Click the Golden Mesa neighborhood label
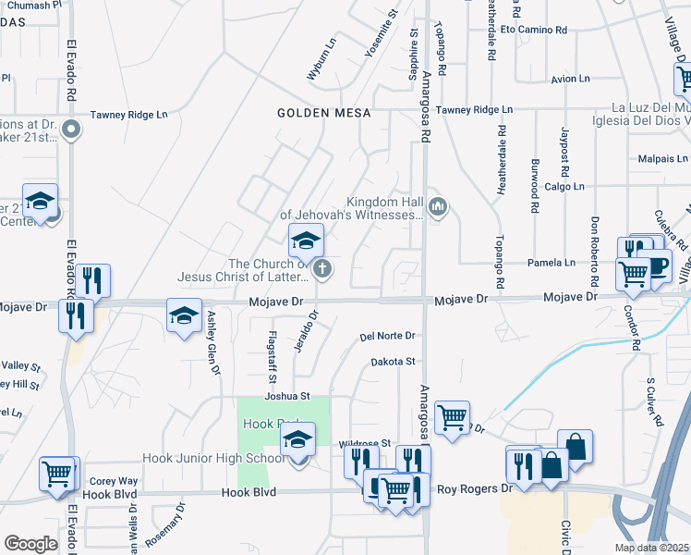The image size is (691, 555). pyautogui.click(x=324, y=113)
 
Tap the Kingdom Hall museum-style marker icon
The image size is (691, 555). pyautogui.click(x=440, y=205)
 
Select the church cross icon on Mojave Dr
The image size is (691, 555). pyautogui.click(x=322, y=269)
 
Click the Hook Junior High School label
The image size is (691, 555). pyautogui.click(x=213, y=458)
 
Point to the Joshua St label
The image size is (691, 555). pyautogui.click(x=285, y=396)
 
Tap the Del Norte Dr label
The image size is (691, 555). pyautogui.click(x=387, y=336)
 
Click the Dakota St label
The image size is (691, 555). pyautogui.click(x=394, y=362)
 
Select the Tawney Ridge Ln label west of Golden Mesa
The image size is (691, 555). pyautogui.click(x=128, y=116)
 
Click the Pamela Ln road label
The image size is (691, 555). pyautogui.click(x=551, y=263)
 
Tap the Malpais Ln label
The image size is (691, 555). pyautogui.click(x=662, y=159)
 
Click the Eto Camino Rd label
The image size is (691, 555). pyautogui.click(x=534, y=30)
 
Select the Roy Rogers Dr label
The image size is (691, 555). pyautogui.click(x=474, y=488)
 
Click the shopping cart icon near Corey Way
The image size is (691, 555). pyautogui.click(x=56, y=474)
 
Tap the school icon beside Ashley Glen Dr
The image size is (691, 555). pyautogui.click(x=184, y=315)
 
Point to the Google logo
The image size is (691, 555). pyautogui.click(x=31, y=544)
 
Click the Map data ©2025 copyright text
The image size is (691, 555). pyautogui.click(x=651, y=548)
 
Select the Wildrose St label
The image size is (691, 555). pyautogui.click(x=366, y=443)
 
